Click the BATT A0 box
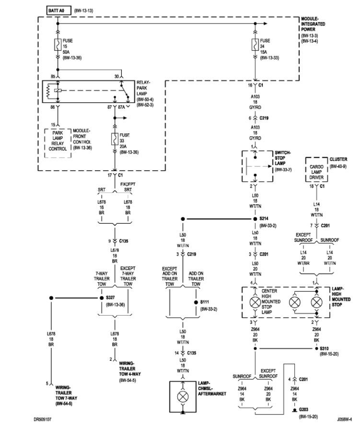coord(58,10)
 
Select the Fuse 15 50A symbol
coord(58,45)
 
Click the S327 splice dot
coord(101,298)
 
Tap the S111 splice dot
coord(196,303)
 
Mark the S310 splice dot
coord(315,348)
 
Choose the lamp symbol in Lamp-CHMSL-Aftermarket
coord(183,397)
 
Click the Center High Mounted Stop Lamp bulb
coord(255,303)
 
